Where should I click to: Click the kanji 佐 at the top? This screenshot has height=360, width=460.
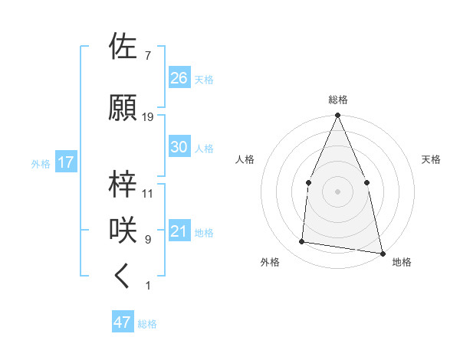point(125,47)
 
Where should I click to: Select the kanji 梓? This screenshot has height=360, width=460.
point(125,184)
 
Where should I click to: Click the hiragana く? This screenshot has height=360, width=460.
point(123,276)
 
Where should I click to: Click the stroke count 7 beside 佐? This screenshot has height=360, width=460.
point(147,56)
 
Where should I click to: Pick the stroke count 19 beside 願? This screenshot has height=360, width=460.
point(148,117)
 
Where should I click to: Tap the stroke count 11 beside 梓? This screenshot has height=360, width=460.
point(148,194)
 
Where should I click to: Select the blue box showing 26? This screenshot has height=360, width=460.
point(179,77)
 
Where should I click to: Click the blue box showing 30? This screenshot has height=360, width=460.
point(179,147)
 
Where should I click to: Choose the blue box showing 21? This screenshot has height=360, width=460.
point(179,231)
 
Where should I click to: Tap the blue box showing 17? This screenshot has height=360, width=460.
point(65,162)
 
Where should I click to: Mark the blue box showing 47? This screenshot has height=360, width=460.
point(123,322)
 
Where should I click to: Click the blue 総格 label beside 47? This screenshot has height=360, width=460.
point(147,324)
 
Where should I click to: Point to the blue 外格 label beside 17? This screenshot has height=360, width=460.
point(41,163)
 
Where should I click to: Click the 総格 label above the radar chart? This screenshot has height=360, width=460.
point(337,100)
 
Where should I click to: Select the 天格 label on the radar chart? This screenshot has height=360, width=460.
point(431,159)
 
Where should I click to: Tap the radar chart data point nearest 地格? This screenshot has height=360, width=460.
point(382,253)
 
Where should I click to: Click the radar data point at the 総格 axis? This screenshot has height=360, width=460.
point(337,116)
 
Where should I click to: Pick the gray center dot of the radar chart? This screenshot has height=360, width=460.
point(337,191)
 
